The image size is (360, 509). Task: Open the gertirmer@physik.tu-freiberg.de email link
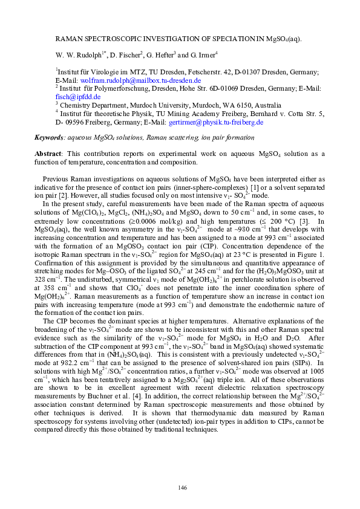(x=217, y=122)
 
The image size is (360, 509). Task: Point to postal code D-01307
(x=246, y=71)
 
